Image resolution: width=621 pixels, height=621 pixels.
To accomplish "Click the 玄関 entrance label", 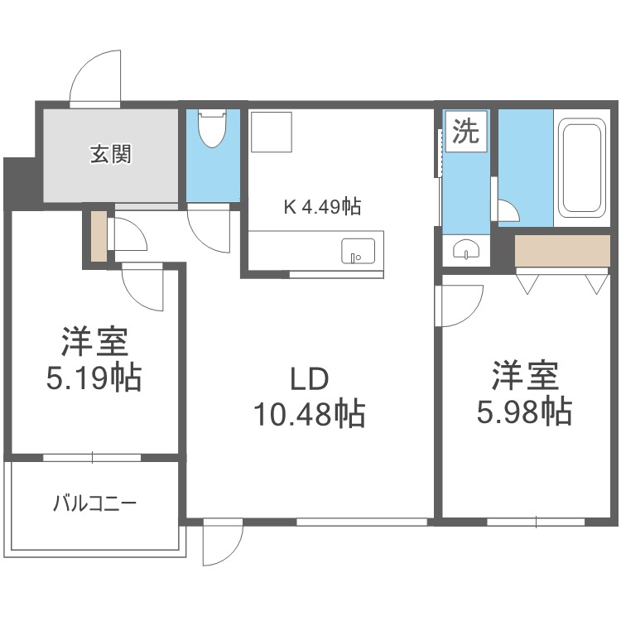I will point(111,154).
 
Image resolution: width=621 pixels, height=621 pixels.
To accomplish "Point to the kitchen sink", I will point(358,250).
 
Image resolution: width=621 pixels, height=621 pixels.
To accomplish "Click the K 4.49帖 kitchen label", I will point(322,207).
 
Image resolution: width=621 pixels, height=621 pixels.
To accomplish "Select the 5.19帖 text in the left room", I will point(93,379).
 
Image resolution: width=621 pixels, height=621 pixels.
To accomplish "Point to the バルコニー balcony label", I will point(94,503).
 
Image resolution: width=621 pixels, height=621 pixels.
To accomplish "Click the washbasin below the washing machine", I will point(466,249).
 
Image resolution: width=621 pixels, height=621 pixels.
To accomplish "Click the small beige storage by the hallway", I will point(99,238).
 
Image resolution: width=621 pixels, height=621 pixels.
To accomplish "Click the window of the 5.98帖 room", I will point(536,522).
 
